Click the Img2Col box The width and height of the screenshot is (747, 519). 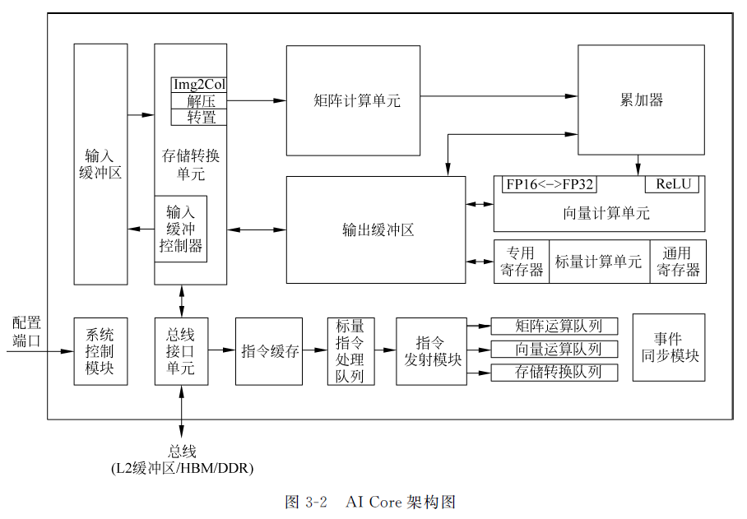click(x=199, y=85)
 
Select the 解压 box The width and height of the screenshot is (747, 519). click(x=199, y=101)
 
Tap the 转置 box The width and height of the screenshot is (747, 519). click(x=199, y=118)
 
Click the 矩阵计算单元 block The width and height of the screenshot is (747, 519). click(x=356, y=100)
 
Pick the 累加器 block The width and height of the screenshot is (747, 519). click(x=641, y=100)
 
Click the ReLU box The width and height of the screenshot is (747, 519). click(x=671, y=183)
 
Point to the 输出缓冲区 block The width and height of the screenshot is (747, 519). click(x=376, y=230)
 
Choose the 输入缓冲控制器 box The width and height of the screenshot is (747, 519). click(x=181, y=228)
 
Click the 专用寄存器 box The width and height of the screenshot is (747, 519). click(x=521, y=262)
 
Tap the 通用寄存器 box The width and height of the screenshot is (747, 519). click(x=677, y=262)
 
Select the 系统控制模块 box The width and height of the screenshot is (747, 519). click(x=100, y=350)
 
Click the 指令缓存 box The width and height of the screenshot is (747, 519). click(x=269, y=350)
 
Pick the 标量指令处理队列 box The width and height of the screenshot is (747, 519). click(x=350, y=350)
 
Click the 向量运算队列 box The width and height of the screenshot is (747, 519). click(x=554, y=349)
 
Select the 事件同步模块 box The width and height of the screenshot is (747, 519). click(x=668, y=347)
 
